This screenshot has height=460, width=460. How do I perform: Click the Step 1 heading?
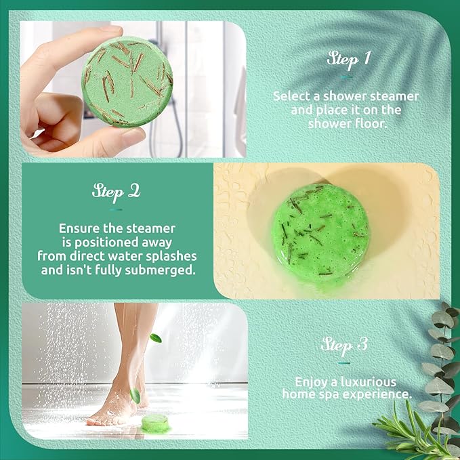(348, 58)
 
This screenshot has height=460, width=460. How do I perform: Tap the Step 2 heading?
(116, 192)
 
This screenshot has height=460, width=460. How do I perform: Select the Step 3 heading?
(344, 344)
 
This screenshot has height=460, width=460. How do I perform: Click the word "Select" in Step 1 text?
(291, 96)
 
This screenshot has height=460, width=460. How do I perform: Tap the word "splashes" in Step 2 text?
(173, 256)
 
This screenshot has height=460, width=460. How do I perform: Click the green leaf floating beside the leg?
(156, 337)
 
